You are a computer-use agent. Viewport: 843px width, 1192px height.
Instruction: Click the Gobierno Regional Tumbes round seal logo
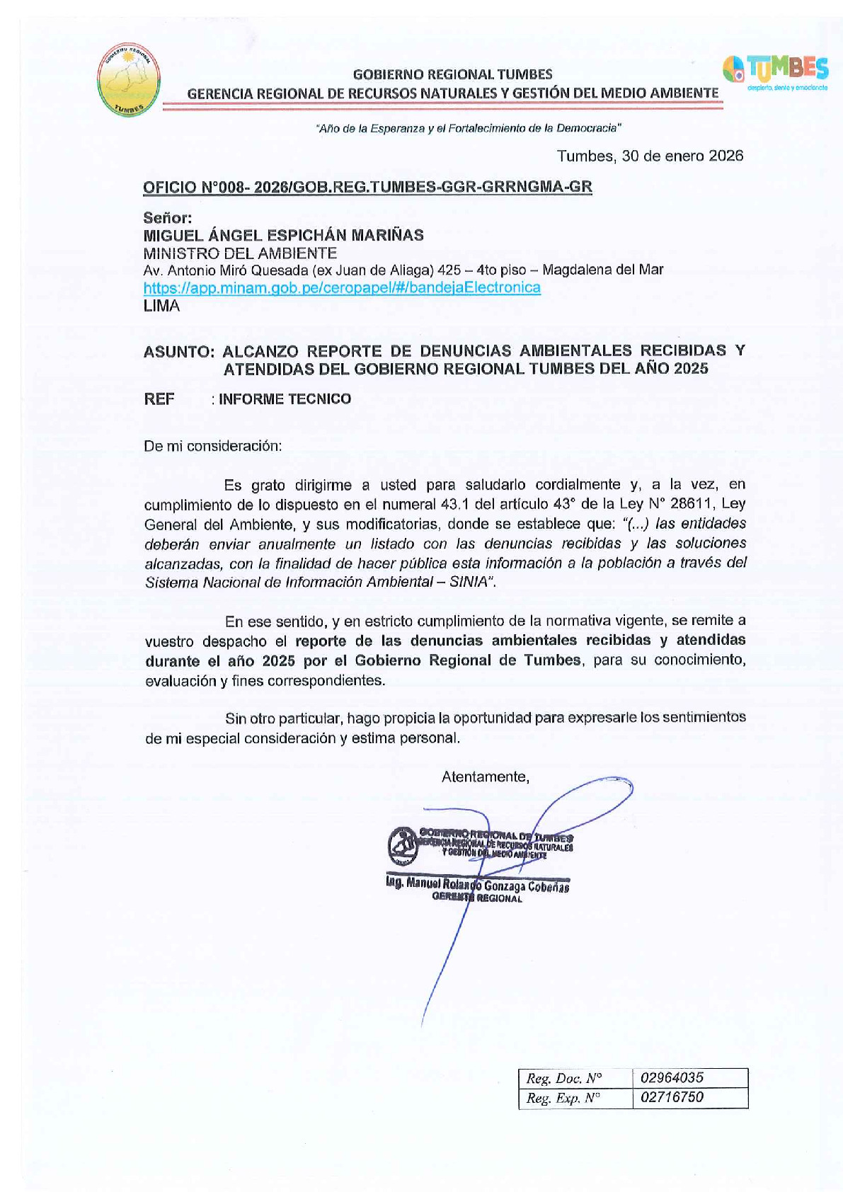(129, 80)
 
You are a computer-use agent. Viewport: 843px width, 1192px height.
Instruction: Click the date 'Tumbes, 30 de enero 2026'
(650, 156)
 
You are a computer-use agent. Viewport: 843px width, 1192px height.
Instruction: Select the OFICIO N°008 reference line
(367, 187)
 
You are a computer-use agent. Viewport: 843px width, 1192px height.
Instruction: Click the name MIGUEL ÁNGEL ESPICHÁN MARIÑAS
(283, 235)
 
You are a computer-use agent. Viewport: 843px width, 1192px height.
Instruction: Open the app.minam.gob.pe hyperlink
(342, 287)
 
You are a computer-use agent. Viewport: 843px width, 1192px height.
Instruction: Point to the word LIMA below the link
(161, 306)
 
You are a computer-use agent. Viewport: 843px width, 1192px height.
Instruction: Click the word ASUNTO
(178, 351)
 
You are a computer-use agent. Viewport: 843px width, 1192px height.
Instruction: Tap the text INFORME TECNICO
(285, 399)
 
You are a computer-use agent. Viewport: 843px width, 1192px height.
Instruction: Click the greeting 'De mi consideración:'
(213, 446)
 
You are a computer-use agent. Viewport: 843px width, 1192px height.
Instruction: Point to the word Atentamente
(485, 776)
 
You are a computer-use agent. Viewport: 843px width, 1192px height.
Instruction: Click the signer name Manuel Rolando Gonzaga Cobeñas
(478, 885)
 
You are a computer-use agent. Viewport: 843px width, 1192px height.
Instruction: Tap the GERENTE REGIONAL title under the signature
(477, 898)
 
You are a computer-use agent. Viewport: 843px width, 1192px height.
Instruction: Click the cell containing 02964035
(689, 1077)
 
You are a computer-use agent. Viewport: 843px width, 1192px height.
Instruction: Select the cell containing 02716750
(689, 1097)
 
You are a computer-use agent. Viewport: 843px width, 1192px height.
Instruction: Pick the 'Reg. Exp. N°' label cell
(574, 1098)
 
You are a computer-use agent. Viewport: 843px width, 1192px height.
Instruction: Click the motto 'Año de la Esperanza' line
(469, 128)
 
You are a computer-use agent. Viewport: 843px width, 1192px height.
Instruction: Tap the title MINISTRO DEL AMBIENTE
(240, 253)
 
